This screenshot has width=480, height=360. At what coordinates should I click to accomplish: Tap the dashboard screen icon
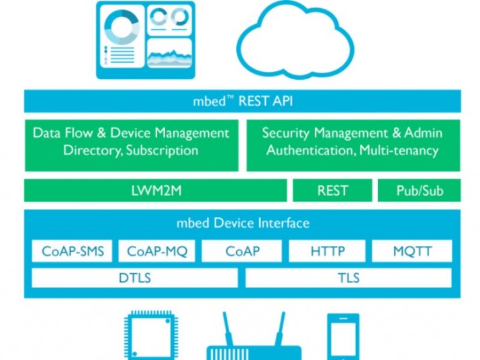point(145,39)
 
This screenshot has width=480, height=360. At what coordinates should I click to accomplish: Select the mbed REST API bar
point(242,102)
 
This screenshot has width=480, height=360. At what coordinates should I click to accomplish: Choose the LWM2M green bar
point(156,191)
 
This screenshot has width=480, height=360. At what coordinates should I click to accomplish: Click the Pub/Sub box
point(420,191)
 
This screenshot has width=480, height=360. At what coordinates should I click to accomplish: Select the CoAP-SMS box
point(72,252)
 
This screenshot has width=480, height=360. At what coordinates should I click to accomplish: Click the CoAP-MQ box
point(157,252)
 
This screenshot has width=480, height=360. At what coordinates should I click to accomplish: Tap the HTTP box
point(328,252)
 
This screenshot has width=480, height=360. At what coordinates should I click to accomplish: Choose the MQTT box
point(412,252)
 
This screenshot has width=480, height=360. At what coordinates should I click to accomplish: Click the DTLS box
point(134,278)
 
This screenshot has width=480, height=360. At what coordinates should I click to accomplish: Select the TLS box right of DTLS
point(349,278)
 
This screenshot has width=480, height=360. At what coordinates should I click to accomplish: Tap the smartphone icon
point(343,336)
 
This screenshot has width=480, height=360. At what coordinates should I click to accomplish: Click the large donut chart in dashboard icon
point(122,27)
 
